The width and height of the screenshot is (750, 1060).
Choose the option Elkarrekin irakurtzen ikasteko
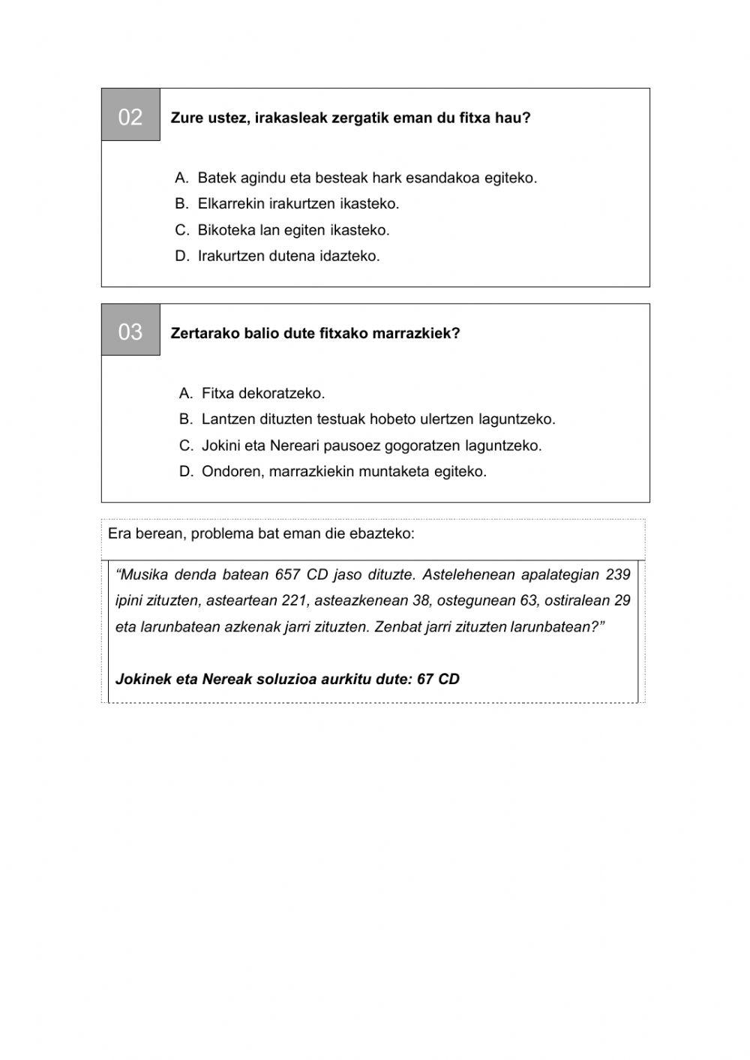(298, 204)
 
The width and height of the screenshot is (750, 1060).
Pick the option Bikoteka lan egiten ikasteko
(293, 230)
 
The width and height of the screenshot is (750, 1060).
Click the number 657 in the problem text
(288, 575)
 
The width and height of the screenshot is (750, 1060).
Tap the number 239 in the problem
(618, 575)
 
